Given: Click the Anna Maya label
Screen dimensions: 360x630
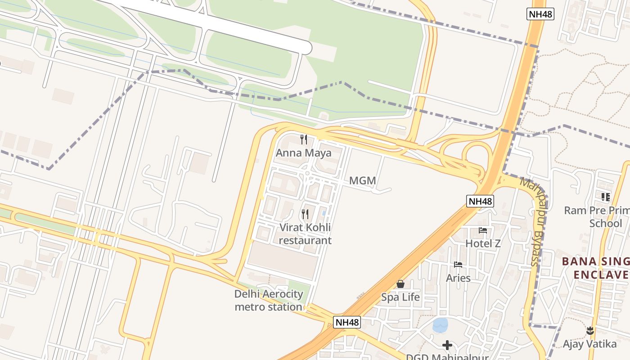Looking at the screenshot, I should click(x=303, y=153).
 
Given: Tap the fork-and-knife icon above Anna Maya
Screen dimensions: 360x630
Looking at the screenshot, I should click(x=304, y=139).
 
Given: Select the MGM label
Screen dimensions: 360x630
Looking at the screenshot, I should click(x=362, y=181).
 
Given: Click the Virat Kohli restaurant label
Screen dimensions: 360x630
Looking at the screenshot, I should click(x=305, y=234).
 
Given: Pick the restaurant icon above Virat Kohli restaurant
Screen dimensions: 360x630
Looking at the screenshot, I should click(x=305, y=214).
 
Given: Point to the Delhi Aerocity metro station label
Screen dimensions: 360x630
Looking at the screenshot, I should click(x=269, y=301).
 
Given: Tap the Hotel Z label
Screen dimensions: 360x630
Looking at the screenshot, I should click(x=483, y=243).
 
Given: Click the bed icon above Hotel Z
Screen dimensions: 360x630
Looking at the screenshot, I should click(x=483, y=230).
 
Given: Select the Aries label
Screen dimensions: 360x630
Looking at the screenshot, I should click(x=458, y=278).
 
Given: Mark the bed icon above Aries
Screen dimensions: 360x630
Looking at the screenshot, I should click(x=458, y=265).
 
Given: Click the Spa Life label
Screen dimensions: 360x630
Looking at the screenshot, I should click(x=400, y=297).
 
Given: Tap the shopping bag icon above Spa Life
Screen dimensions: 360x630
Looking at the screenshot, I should click(x=400, y=284).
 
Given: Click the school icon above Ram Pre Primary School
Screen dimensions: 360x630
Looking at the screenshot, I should click(x=605, y=197).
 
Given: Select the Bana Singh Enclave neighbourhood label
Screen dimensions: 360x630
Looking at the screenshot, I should click(x=596, y=268).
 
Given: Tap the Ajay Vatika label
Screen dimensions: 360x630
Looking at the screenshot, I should click(x=589, y=344).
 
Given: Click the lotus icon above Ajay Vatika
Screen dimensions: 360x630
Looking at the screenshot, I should click(x=589, y=331).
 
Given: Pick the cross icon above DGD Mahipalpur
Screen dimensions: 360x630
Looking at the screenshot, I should click(x=447, y=345).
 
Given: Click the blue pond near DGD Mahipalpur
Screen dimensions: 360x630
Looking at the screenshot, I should click(x=440, y=325).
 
